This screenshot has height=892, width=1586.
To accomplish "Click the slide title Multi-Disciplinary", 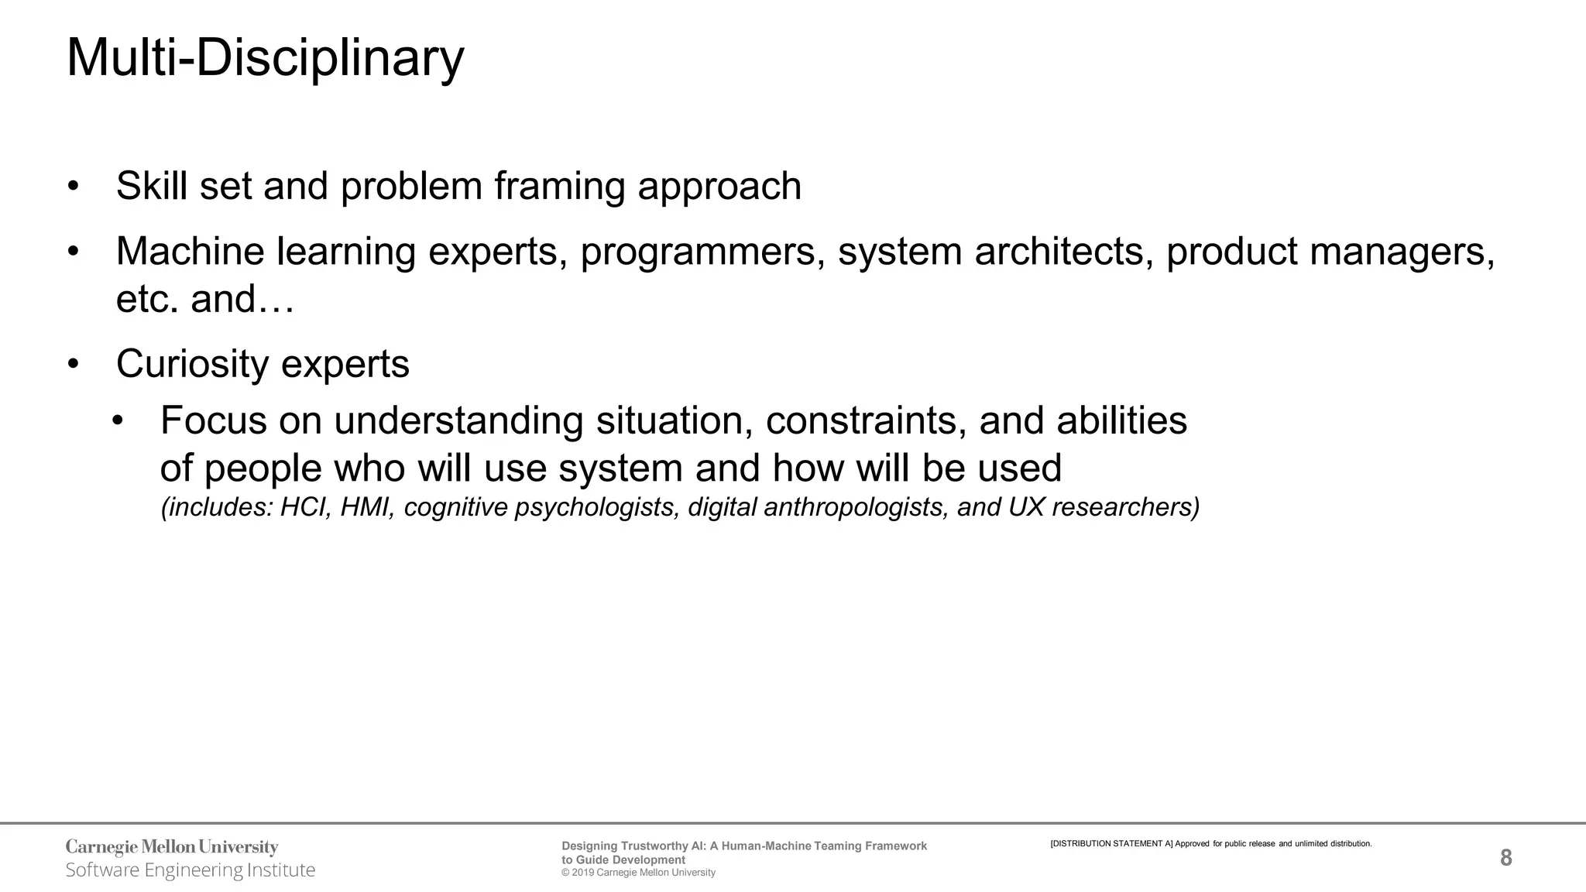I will pyautogui.click(x=265, y=58).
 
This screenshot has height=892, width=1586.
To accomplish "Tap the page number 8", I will pyautogui.click(x=1505, y=858).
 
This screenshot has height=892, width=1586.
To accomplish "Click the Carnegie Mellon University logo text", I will pyautogui.click(x=172, y=847).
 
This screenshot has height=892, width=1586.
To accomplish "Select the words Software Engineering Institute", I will pyautogui.click(x=191, y=870).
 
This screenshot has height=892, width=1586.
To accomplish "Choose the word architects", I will pyautogui.click(x=1059, y=252).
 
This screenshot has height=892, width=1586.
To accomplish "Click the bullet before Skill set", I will pyautogui.click(x=74, y=187).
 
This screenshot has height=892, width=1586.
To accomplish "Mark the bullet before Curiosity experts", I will pyautogui.click(x=74, y=364).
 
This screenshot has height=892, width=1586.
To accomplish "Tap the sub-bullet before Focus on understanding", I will pyautogui.click(x=118, y=421).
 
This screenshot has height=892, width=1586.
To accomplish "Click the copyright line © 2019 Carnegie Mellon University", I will pyautogui.click(x=638, y=873).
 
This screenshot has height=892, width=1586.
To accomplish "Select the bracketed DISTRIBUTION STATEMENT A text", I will pyautogui.click(x=1111, y=843).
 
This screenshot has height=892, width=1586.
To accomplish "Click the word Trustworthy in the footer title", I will pyautogui.click(x=654, y=846).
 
